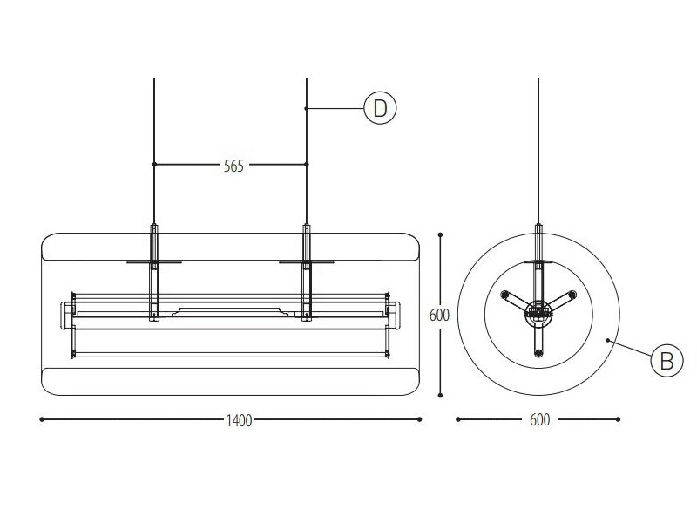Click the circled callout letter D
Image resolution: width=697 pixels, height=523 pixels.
pos(380,108)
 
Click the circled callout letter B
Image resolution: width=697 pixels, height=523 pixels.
pos(667,360)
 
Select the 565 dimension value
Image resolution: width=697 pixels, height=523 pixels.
pos(233,166)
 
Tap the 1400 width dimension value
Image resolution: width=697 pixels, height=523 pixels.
pos(239,420)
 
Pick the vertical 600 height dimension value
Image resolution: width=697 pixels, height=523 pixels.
pos(439,315)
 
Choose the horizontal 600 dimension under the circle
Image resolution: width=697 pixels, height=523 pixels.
pos(539,419)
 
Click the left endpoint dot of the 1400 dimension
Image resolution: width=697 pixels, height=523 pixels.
pos(42,419)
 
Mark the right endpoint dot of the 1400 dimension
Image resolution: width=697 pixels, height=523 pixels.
pos(419,419)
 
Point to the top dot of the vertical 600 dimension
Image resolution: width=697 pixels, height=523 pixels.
pos(440,234)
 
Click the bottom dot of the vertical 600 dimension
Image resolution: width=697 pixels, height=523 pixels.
pos(440,395)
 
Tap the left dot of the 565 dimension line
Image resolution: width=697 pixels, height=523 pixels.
pos(154,165)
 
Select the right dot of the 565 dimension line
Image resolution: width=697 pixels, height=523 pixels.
pos(307,165)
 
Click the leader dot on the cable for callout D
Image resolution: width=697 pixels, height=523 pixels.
pos(307,108)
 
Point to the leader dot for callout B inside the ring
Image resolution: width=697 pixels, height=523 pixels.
pos(607,340)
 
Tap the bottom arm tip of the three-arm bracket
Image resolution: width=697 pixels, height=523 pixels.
pos(538,353)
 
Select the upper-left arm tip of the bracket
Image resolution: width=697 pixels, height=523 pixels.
pos(504,295)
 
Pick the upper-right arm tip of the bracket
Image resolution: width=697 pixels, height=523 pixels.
pos(572,295)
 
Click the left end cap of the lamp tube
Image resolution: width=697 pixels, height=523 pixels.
pos(67,316)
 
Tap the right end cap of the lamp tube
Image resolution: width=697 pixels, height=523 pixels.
pos(394,316)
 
